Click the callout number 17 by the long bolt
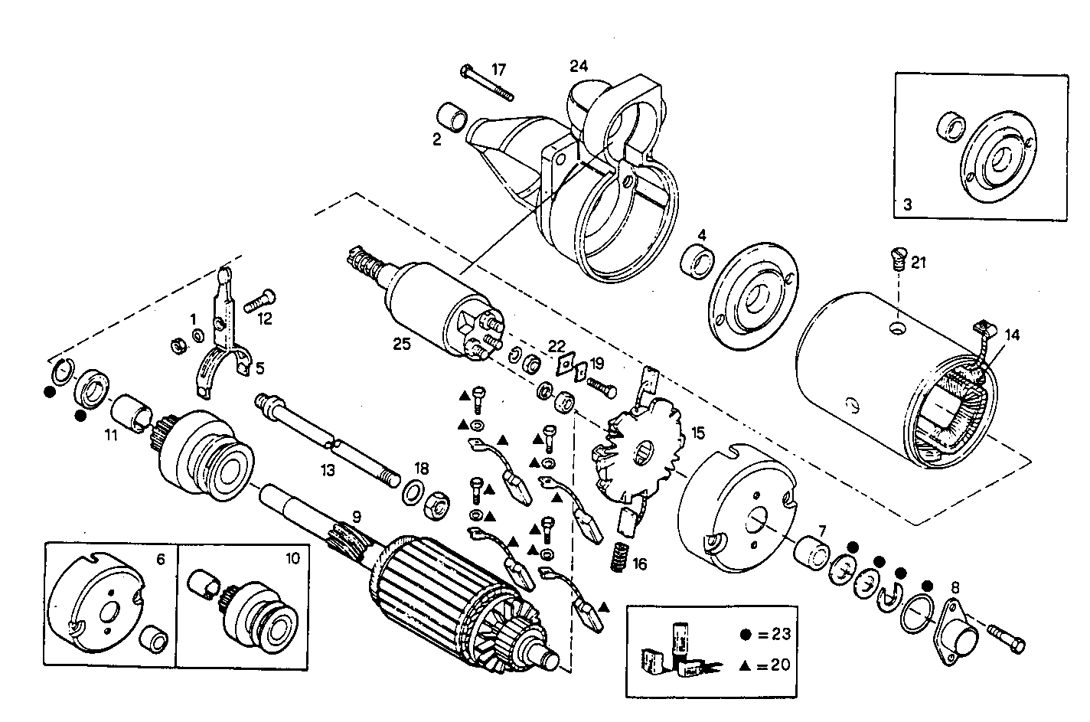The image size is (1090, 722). pos(498,69)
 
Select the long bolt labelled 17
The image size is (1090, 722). pos(486,83)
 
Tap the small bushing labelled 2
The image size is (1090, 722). pos(453,119)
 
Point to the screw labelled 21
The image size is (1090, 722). pos(899,257)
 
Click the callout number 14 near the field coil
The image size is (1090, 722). pos(1012,334)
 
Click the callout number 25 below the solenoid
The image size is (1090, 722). pos(402,344)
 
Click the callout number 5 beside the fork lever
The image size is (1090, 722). pos(260,368)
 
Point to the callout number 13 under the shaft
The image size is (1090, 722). pos(328,470)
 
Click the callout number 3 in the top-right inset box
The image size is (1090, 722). pos(907,204)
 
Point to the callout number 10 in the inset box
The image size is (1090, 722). pos(293,558)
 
